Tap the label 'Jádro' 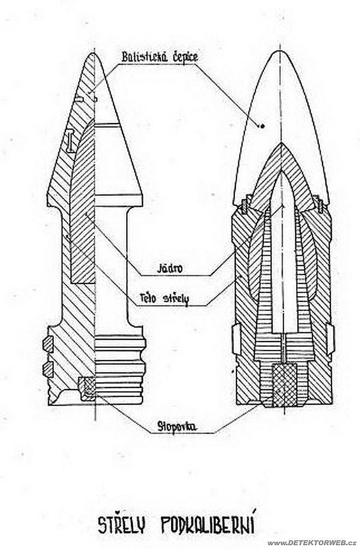click(x=170, y=268)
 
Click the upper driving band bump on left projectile click(x=48, y=344)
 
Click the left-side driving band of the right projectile click(x=235, y=338)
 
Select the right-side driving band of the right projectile click(x=330, y=338)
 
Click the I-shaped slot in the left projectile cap click(x=70, y=140)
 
